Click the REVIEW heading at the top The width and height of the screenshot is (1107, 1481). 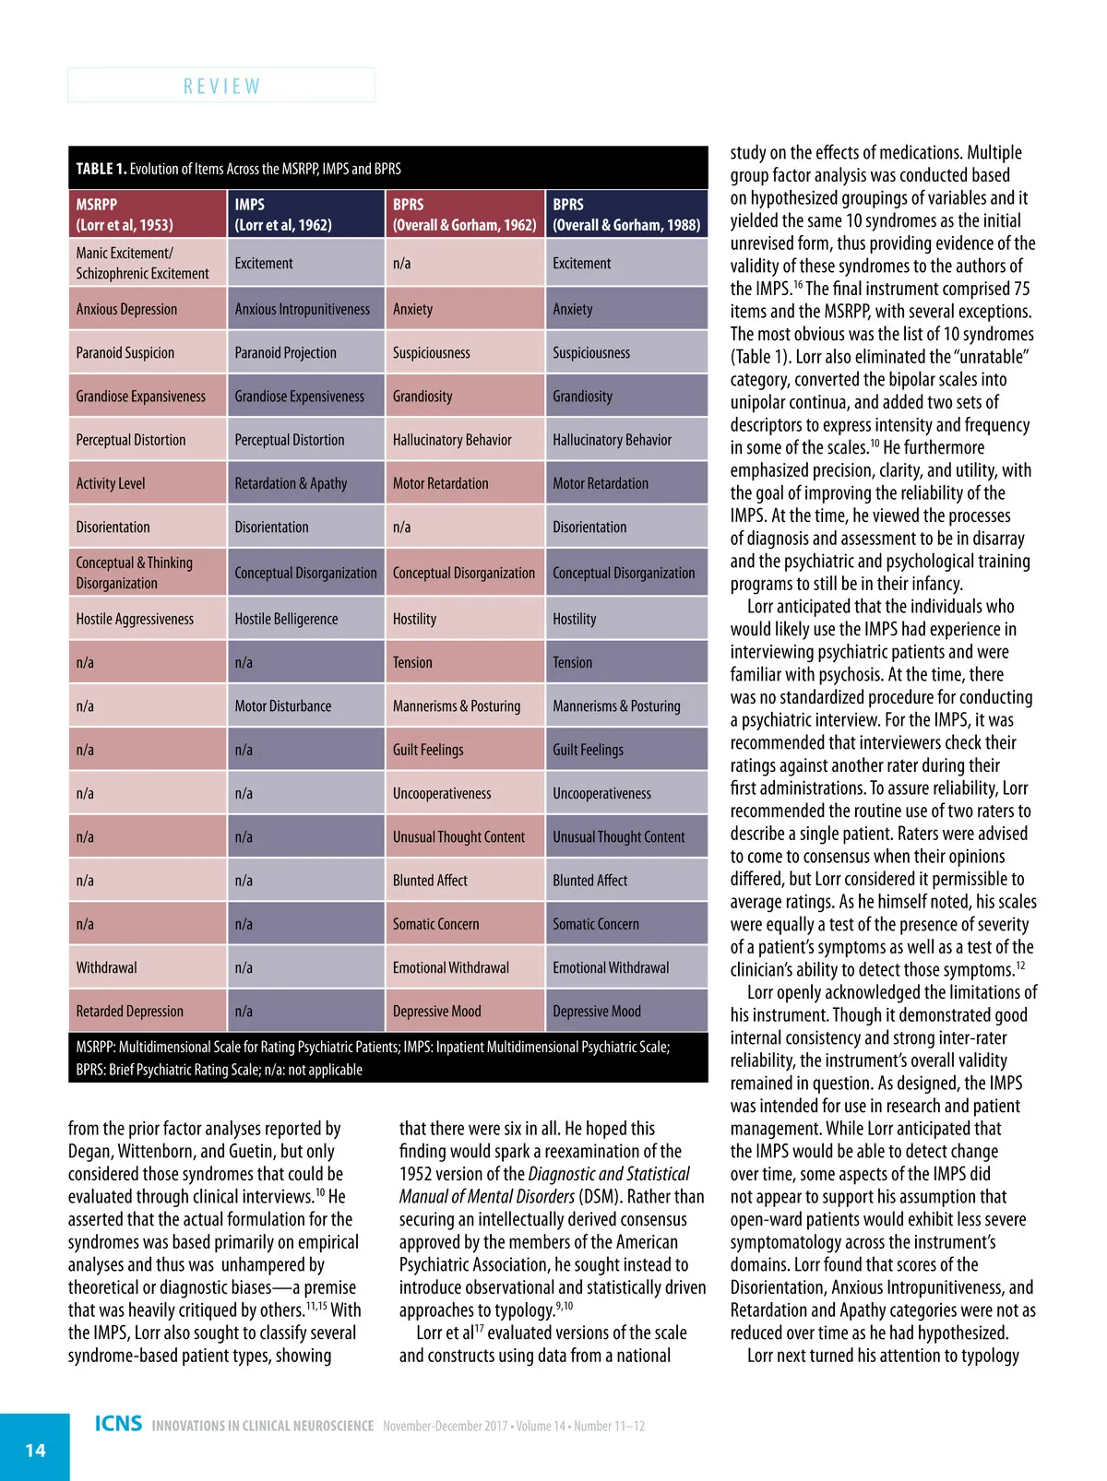pos(221,86)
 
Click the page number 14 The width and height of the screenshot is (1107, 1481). pos(35,1450)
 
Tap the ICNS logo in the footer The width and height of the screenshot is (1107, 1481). pos(118,1424)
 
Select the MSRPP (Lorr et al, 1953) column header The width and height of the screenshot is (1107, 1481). pos(147,214)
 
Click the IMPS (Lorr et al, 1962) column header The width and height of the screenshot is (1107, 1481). pos(304,214)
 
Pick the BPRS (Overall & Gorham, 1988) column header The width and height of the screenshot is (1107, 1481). pos(626,214)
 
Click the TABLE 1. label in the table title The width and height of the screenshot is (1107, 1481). pos(101,169)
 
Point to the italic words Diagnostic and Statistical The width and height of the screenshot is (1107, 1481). pos(609,1174)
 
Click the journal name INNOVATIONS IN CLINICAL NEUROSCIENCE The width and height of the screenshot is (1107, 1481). pos(263,1426)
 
